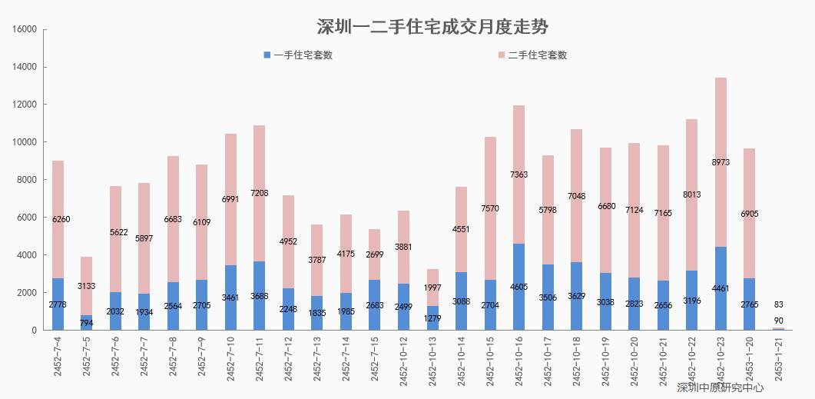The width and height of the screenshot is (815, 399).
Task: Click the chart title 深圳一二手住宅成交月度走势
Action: click(432, 27)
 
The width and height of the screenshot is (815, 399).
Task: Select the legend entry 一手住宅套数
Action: click(303, 55)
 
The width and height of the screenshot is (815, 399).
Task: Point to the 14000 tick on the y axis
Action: click(25, 67)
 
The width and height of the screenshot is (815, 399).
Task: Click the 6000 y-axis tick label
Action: click(27, 218)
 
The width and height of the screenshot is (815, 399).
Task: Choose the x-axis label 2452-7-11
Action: click(260, 358)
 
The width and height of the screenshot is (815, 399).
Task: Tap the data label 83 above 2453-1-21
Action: click(778, 304)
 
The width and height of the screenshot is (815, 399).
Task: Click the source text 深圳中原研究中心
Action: click(721, 388)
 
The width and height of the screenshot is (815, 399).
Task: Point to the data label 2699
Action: click(374, 254)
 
